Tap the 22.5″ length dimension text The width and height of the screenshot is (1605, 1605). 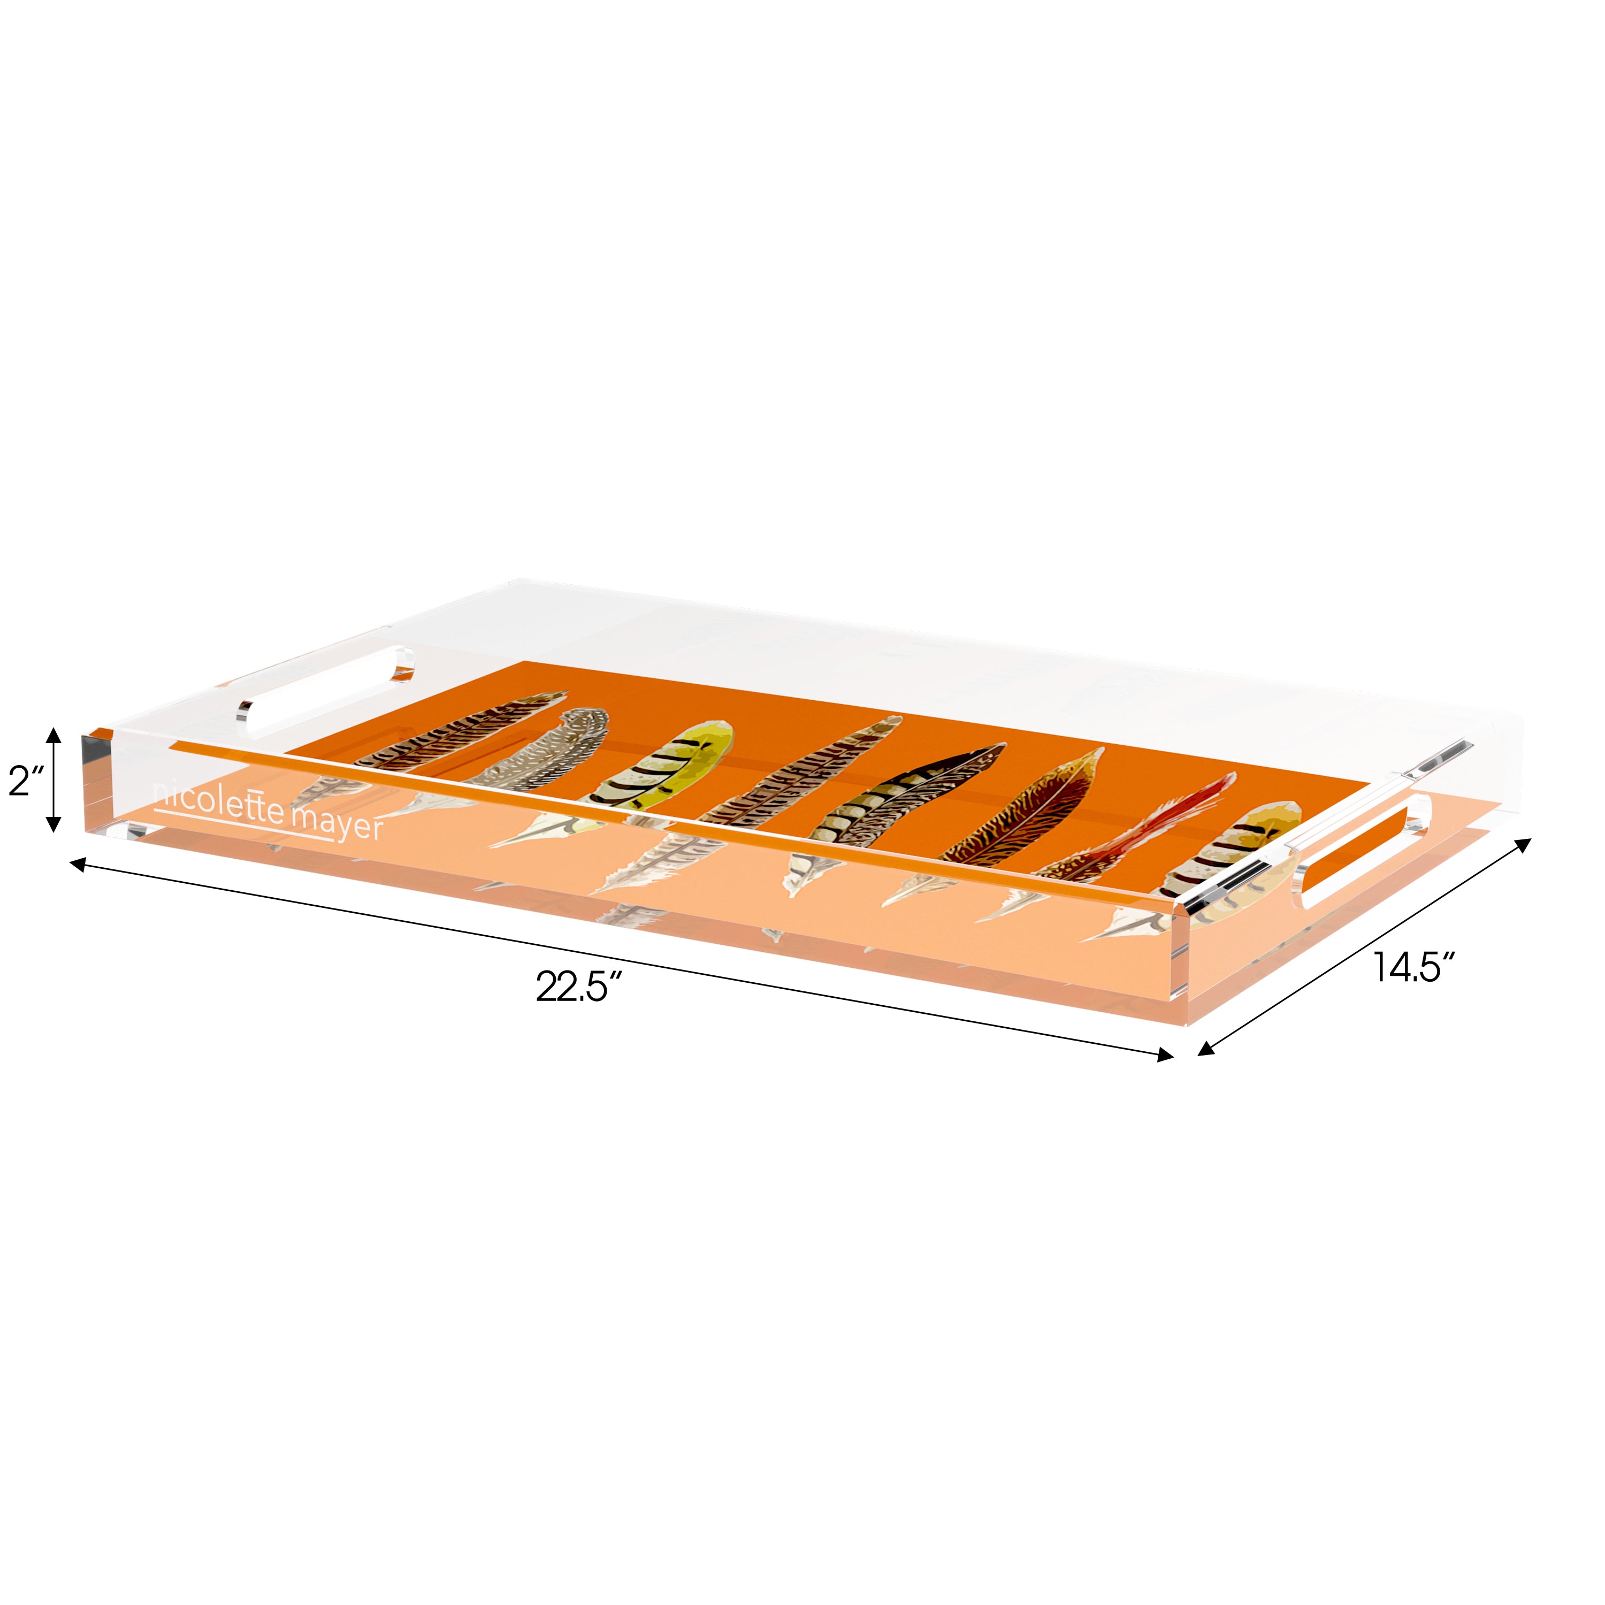pyautogui.click(x=579, y=987)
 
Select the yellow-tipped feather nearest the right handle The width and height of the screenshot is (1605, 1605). pyautogui.click(x=1238, y=860)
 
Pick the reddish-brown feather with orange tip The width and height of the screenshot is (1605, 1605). pyautogui.click(x=1030, y=814)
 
